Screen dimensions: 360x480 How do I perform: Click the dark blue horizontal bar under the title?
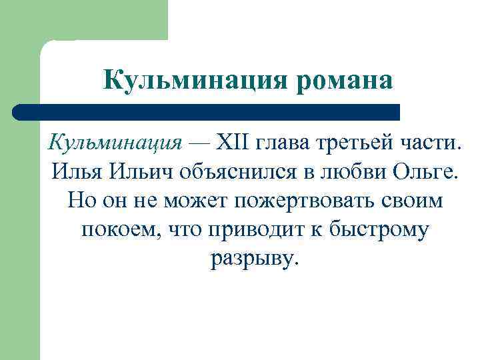[207, 111]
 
